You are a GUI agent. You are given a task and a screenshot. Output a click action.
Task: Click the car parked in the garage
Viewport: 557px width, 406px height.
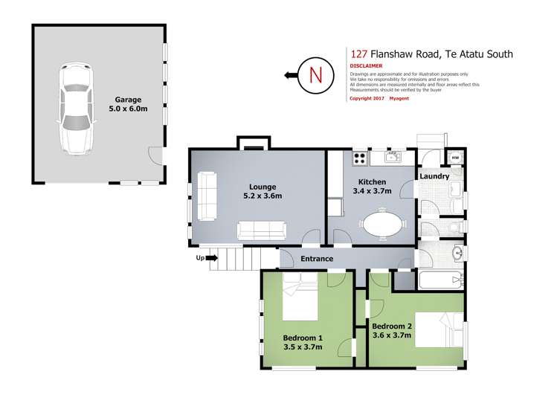[77, 109]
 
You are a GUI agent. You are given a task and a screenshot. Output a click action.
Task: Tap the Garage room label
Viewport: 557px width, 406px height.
[128, 100]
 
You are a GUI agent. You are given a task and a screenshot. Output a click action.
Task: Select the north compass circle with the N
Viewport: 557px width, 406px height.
[316, 75]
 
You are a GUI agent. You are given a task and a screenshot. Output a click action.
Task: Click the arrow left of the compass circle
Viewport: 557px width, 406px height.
[291, 75]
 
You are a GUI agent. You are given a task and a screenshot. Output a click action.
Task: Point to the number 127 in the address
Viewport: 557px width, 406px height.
[358, 54]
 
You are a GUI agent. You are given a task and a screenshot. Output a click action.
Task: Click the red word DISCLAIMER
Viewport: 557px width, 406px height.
[366, 66]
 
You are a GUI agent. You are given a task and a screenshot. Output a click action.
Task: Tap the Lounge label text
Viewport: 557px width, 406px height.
[263, 187]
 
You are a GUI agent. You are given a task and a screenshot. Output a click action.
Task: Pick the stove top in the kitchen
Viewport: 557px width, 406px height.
[360, 158]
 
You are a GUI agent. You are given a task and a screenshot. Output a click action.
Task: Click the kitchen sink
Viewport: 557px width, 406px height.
[393, 157]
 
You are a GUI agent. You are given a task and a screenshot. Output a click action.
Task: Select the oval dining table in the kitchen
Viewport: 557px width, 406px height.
[383, 224]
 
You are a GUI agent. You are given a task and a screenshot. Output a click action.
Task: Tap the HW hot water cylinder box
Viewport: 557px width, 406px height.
[455, 158]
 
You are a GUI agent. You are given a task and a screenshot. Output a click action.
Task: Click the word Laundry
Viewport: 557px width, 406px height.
[434, 176]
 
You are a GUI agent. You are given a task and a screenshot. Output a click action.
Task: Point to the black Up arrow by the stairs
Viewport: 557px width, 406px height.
[212, 258]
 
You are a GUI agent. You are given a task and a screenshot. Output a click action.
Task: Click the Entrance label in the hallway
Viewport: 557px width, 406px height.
[317, 259]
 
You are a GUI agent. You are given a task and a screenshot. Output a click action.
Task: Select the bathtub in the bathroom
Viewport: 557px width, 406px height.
[441, 280]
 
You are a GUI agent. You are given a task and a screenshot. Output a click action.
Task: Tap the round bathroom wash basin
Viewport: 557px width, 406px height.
[458, 254]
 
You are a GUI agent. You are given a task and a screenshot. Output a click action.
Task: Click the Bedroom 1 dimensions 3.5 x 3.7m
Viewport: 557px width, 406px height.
[303, 347]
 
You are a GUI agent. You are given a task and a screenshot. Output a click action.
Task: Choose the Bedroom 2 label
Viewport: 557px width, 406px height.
[392, 326]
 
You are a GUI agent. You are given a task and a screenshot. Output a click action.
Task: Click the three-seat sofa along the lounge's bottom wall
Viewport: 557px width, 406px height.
[262, 231]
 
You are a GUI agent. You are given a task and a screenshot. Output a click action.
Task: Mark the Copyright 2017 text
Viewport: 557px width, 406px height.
[367, 98]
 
